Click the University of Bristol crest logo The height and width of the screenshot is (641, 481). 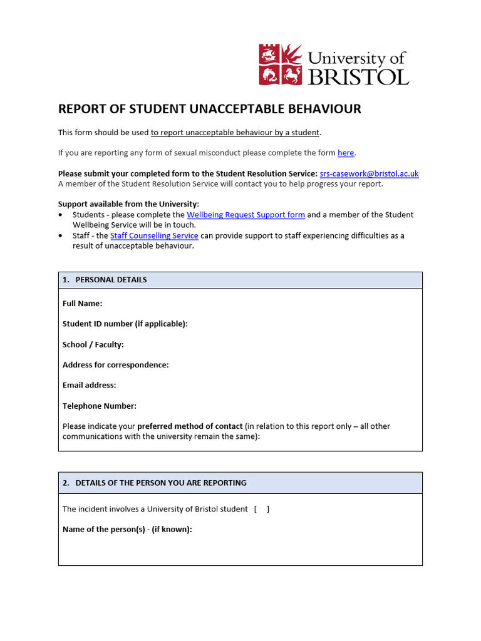point(281,64)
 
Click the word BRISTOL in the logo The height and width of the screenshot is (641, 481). point(358,76)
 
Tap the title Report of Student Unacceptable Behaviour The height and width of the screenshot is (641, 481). point(209,109)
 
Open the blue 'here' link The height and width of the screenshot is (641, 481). point(346,153)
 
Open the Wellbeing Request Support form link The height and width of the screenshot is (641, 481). point(246,215)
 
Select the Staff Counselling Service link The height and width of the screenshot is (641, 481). point(154,235)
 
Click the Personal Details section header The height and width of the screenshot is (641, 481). point(110,280)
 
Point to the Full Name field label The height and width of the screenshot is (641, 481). point(82,304)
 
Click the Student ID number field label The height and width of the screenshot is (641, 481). point(125,324)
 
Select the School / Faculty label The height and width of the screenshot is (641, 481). point(93,344)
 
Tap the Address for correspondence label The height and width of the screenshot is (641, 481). point(115,365)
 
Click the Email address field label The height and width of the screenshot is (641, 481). point(89,385)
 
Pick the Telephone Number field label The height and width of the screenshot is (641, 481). point(99,406)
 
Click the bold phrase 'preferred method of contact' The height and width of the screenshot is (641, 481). point(190,426)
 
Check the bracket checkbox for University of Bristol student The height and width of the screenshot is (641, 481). point(262,509)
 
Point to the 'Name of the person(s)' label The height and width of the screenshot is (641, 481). point(127,529)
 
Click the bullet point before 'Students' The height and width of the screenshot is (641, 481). point(60,215)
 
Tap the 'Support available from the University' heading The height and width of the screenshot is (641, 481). point(128,204)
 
